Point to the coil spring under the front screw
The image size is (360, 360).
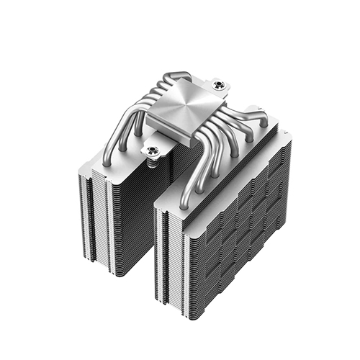(x=153, y=161)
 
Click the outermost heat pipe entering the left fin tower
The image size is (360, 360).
(x=108, y=155)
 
